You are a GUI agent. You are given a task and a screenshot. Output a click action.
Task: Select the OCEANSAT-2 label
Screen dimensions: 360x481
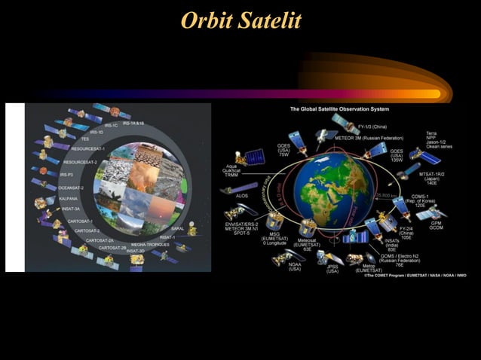point(71,187)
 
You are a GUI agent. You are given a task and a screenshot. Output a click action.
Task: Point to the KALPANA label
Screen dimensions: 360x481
point(69,200)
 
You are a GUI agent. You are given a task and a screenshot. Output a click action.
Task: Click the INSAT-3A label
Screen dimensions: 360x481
point(72,208)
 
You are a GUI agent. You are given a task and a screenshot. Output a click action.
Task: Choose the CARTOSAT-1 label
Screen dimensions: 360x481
point(81,221)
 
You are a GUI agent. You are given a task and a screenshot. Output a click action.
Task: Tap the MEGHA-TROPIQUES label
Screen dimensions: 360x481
point(149,245)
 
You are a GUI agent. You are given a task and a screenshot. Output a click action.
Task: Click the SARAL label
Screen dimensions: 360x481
point(178,228)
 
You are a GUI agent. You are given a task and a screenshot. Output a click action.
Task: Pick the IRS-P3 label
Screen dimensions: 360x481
point(67,174)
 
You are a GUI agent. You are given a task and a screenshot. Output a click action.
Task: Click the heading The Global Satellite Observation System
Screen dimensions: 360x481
point(339,109)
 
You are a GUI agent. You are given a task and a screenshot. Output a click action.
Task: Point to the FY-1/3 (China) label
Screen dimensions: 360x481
point(373,127)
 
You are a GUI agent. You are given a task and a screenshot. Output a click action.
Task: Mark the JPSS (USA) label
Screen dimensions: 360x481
point(332,268)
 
